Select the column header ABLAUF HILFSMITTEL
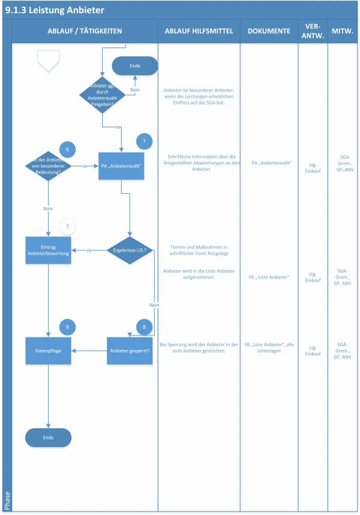(x=198, y=31)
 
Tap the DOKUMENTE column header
(x=269, y=31)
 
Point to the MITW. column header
(x=342, y=31)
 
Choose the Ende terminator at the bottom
(x=48, y=438)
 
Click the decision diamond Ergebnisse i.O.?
(x=130, y=250)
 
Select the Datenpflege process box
(x=48, y=351)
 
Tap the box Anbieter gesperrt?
(x=130, y=351)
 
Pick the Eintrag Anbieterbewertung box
(x=48, y=250)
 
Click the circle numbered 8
(x=144, y=327)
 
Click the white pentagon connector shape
(x=48, y=60)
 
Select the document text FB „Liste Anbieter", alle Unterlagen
(x=269, y=348)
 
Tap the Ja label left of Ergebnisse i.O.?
(x=89, y=250)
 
